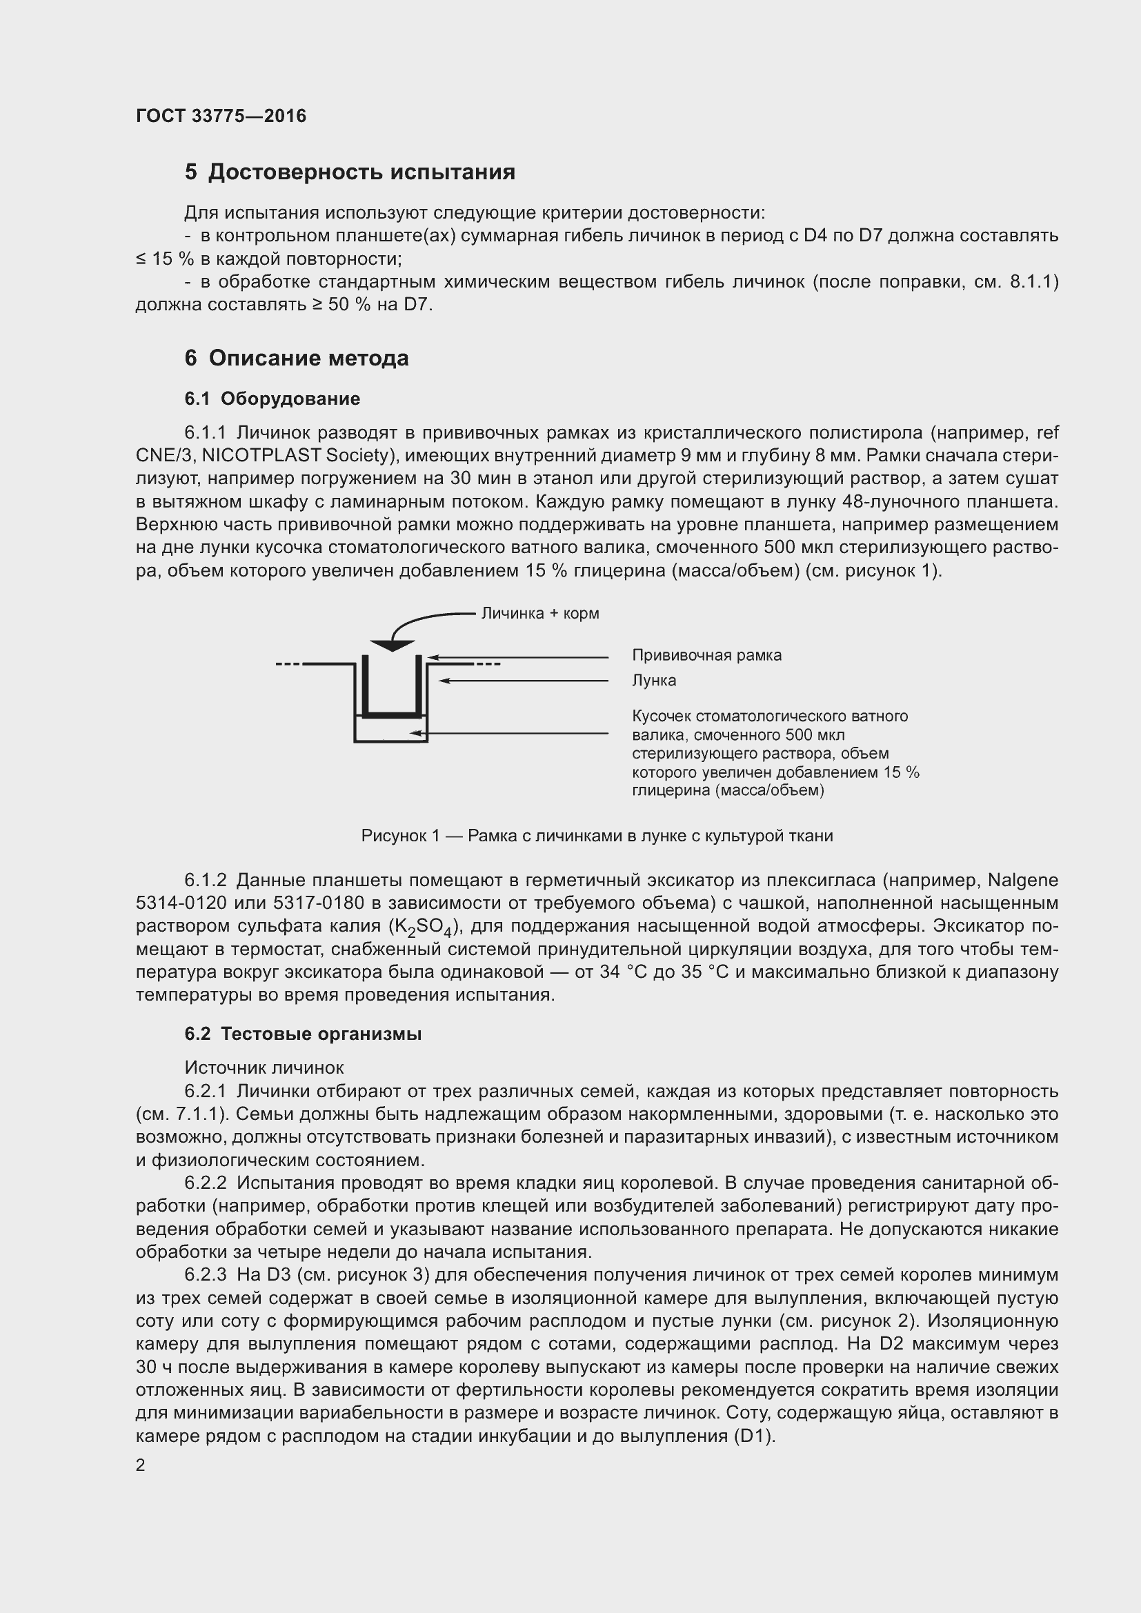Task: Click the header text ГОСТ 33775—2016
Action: coord(221,116)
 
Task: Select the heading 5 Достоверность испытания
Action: coord(349,172)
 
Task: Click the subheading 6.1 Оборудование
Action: coord(272,399)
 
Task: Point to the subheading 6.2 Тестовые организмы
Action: coord(303,1034)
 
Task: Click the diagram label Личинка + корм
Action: coord(539,613)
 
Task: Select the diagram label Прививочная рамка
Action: coord(706,654)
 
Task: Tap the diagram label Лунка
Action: coord(653,680)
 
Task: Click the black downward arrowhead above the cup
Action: coord(392,645)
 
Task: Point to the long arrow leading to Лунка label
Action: coord(524,681)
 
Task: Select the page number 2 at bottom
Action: coord(141,1465)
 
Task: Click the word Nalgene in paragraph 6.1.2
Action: coord(1022,880)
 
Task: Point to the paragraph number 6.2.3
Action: coord(205,1275)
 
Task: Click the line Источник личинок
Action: coord(264,1068)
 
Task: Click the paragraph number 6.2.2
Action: coord(205,1183)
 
